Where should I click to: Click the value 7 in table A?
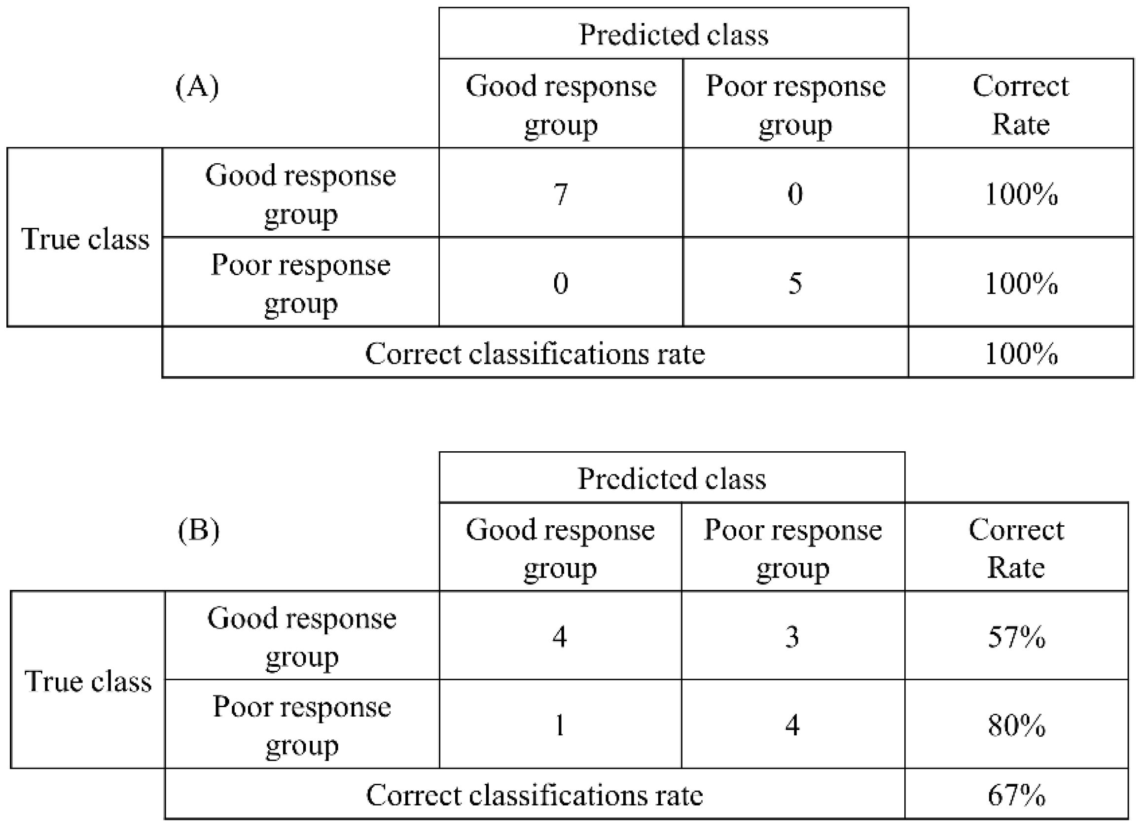560,194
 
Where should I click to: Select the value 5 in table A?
794,283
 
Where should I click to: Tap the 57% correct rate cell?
1016,637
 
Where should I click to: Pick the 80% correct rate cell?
1016,725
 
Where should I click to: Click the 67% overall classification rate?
1016,796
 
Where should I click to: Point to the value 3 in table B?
792,637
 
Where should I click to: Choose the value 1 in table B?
559,725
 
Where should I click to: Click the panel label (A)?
197,87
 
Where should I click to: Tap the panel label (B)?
198,531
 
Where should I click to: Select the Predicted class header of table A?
674,35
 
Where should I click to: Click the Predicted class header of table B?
672,478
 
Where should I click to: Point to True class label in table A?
85,239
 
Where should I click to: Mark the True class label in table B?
88,682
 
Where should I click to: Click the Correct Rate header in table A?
1020,105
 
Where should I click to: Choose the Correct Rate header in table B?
1016,548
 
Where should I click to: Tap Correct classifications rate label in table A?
535,354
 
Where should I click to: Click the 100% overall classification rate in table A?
1021,354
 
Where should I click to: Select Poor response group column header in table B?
792,548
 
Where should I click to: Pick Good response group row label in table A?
300,194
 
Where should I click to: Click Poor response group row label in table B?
302,725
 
